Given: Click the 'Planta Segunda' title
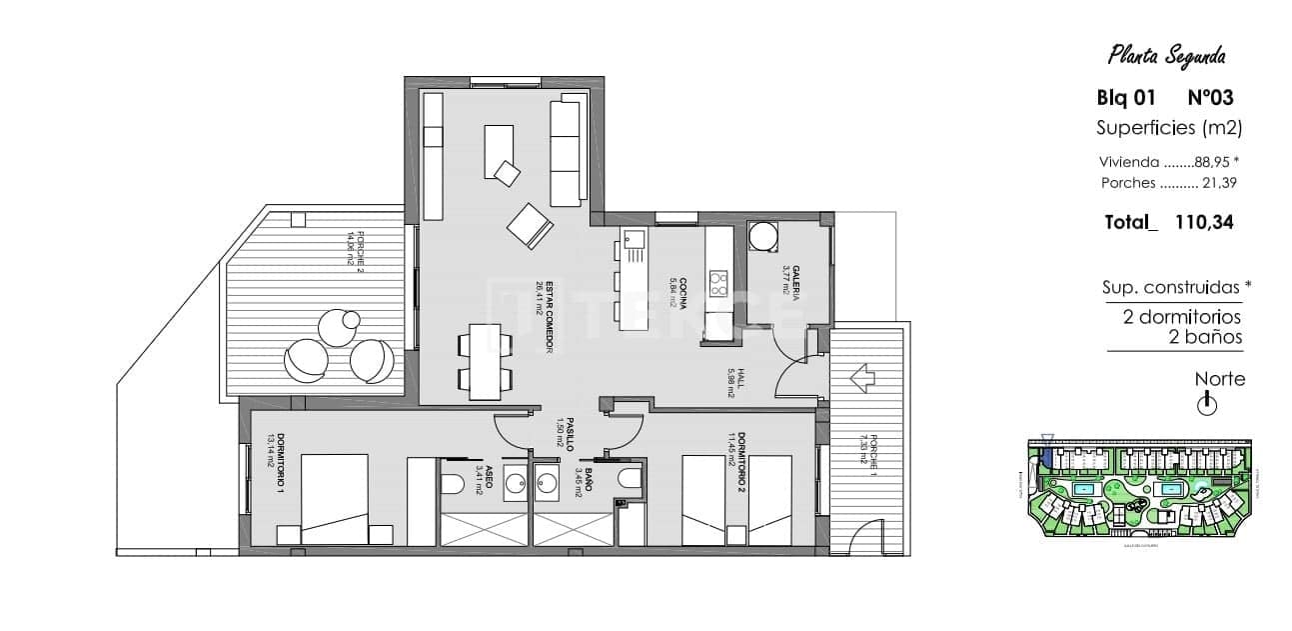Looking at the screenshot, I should (x=1167, y=56).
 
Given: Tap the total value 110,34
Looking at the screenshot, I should (x=1205, y=223).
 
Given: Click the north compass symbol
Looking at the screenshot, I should (x=1207, y=404).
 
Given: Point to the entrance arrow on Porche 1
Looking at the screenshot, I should (x=860, y=380).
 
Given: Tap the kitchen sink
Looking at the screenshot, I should (x=634, y=239).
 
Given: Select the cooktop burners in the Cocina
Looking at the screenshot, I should (x=716, y=284).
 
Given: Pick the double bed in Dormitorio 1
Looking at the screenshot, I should (x=334, y=499).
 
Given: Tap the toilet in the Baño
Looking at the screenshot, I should (x=629, y=480).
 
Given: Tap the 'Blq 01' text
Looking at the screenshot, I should (x=1126, y=98).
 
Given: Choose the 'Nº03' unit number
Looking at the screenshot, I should (x=1209, y=98).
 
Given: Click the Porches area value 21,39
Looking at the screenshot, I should (x=1217, y=183).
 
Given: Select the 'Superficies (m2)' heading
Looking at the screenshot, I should (x=1168, y=127).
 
